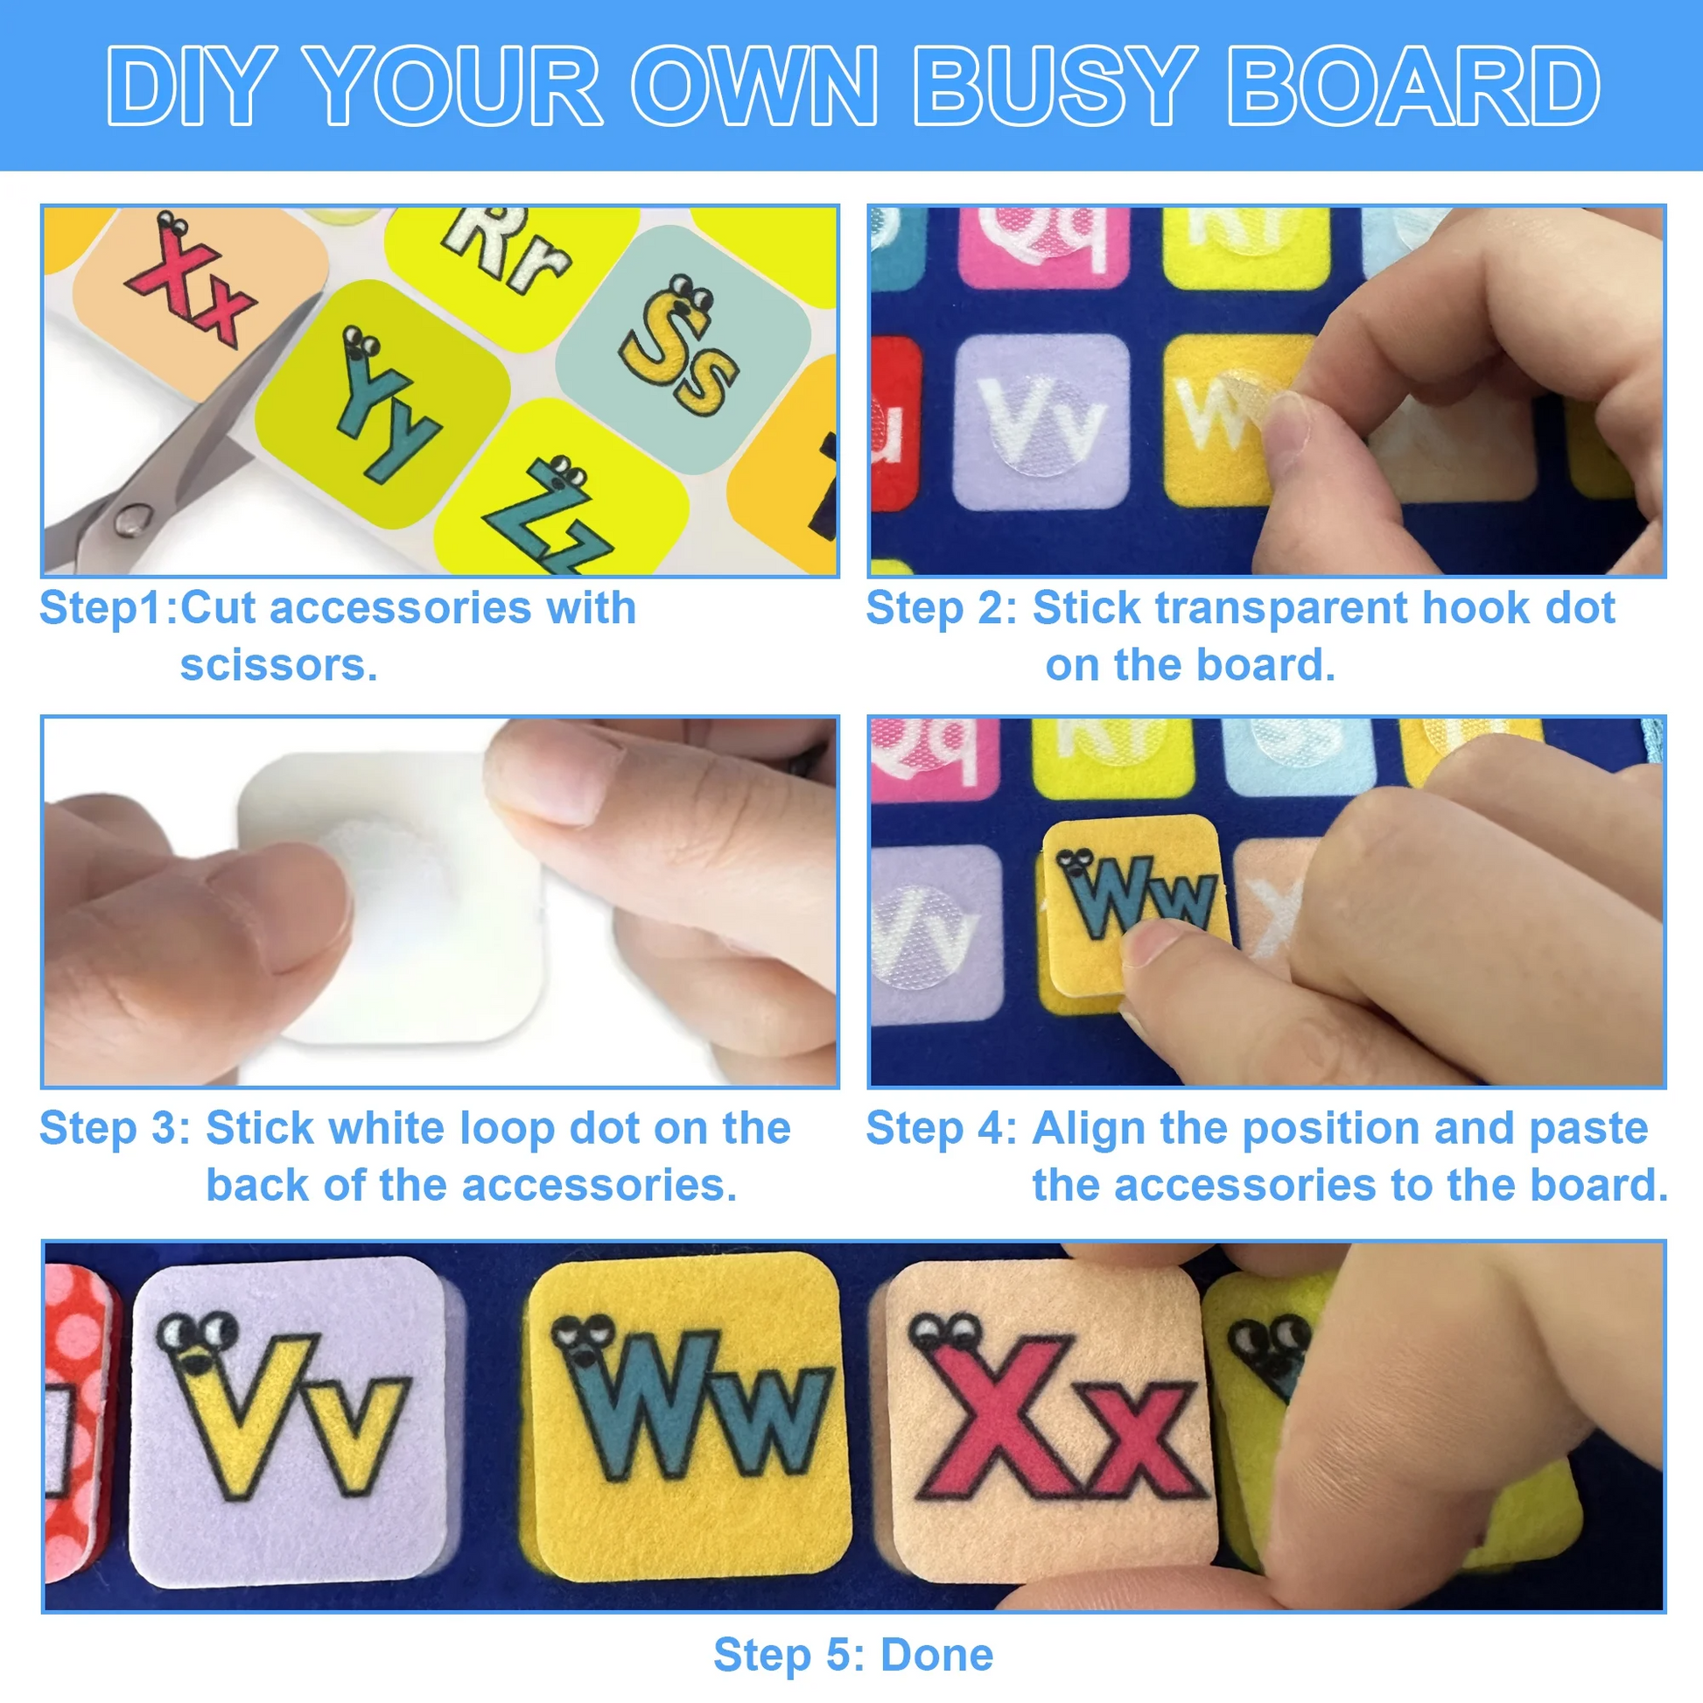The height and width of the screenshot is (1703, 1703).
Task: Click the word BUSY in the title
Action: click(x=1053, y=87)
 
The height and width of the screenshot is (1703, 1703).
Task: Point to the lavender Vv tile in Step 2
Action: click(x=1041, y=422)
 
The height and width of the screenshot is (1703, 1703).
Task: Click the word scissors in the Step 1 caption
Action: click(x=278, y=664)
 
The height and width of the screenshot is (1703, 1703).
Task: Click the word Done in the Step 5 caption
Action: click(x=937, y=1655)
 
